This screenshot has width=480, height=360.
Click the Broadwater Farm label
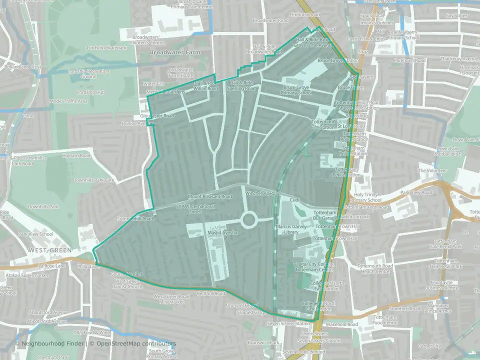175,52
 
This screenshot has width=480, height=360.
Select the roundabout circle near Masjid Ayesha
249,219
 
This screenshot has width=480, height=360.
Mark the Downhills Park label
43,206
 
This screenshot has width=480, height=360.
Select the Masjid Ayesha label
221,233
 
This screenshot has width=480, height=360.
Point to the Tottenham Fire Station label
323,124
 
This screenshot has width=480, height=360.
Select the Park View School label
35,234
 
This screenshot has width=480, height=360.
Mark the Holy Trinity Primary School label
367,197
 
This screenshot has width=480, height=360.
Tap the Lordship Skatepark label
100,47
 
